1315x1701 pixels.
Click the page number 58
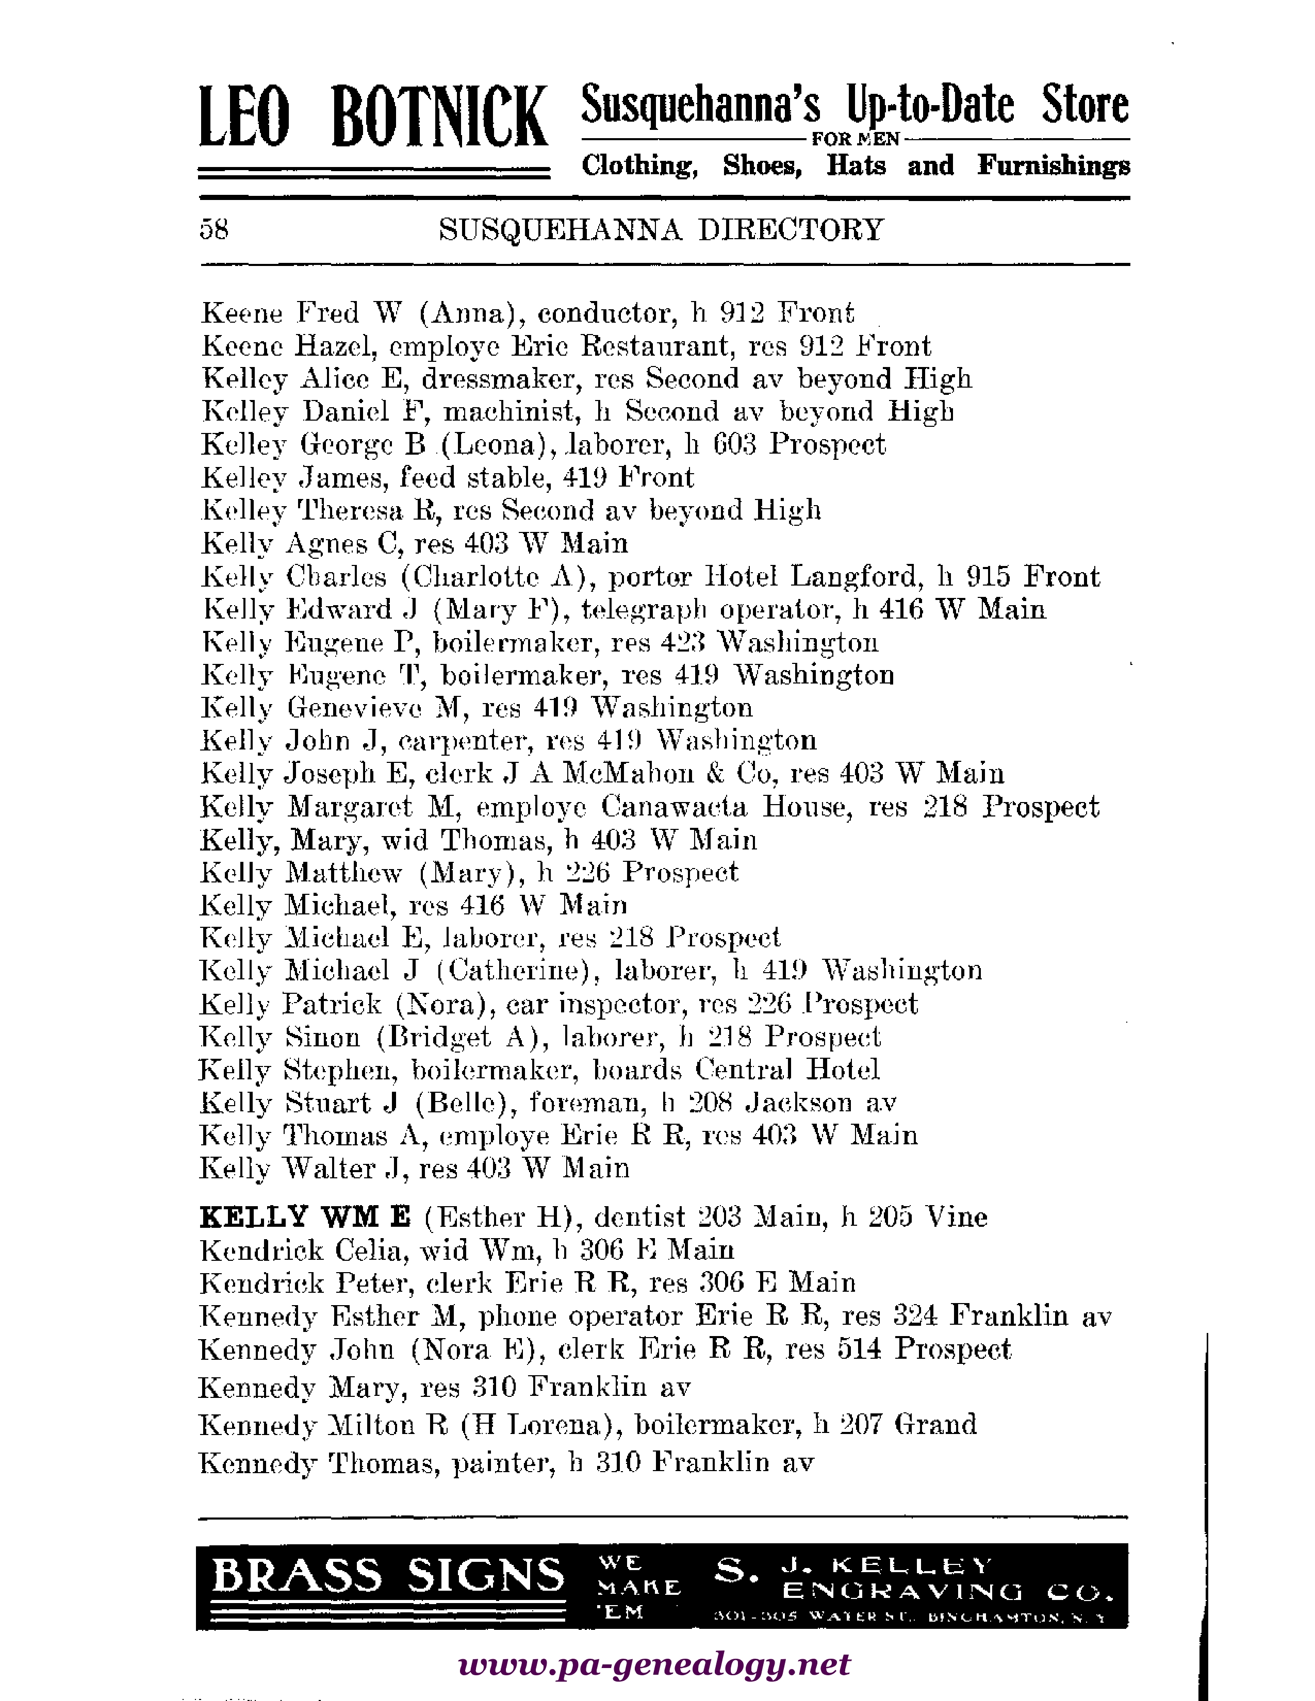coord(214,230)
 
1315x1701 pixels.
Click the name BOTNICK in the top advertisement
coord(439,119)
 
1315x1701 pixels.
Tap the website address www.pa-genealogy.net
coord(654,1664)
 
